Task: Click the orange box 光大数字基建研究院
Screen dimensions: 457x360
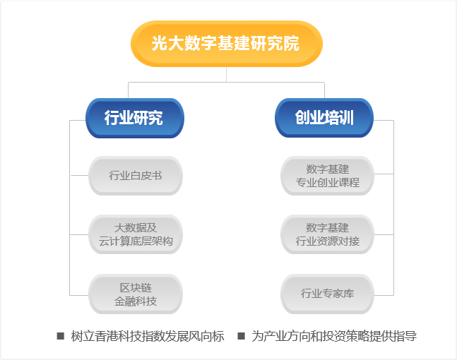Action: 227,44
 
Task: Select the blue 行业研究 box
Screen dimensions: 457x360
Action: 135,118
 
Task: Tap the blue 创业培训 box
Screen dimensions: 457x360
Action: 324,118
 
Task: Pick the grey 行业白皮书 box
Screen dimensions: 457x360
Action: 136,176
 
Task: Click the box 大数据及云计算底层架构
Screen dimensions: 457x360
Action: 136,234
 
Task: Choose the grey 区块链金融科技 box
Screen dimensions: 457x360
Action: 136,294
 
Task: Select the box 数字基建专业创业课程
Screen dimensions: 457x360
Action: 327,176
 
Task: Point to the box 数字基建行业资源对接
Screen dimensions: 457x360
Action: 327,234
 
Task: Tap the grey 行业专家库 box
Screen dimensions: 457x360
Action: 327,294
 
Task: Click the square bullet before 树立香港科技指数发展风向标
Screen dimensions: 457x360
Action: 60,336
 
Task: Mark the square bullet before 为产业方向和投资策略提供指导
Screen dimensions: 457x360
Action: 241,336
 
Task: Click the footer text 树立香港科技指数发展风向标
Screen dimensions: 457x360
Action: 148,336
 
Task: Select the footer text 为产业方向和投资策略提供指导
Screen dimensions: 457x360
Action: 334,336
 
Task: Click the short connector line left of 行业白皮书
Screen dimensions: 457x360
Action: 79,175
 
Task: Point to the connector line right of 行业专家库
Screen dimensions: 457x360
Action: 384,295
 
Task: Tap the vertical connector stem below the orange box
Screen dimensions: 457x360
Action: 227,75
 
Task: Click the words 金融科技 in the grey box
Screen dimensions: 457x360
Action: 136,301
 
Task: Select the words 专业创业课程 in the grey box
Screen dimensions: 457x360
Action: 327,183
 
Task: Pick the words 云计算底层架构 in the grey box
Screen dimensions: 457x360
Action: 136,241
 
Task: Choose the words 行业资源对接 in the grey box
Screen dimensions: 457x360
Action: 327,241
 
